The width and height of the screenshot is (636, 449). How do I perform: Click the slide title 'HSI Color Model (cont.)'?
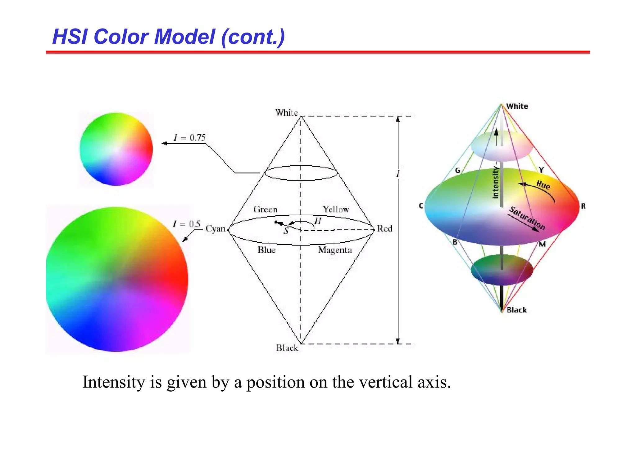[x=168, y=37]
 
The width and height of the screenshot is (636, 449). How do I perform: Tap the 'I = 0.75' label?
[x=189, y=137]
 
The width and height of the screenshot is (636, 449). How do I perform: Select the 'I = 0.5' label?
[x=187, y=224]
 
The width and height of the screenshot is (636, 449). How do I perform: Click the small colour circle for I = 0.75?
[x=116, y=149]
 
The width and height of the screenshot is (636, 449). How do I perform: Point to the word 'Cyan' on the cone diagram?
[x=215, y=229]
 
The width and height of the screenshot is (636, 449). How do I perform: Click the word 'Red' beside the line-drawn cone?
[x=384, y=229]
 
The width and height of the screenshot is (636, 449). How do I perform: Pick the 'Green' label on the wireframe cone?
[x=265, y=209]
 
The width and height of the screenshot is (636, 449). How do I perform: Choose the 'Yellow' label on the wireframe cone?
[x=336, y=209]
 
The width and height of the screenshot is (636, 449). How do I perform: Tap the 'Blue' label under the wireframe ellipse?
[x=266, y=250]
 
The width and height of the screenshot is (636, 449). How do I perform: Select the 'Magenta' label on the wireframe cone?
[x=335, y=250]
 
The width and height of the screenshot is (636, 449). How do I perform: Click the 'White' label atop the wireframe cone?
[x=286, y=113]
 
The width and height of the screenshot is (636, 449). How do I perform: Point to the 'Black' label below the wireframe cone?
[x=287, y=348]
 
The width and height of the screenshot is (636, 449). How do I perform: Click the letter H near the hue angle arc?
[x=318, y=221]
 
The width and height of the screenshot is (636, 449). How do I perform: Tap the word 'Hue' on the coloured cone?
[x=543, y=185]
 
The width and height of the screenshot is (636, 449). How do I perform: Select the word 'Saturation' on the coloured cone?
[x=527, y=218]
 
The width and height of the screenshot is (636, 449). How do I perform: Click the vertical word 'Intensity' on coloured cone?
[x=495, y=182]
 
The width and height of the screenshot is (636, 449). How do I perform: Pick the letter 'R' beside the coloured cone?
[x=583, y=206]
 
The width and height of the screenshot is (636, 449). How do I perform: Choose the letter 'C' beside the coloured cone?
[x=421, y=206]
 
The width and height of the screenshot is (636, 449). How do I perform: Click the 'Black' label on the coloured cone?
[x=516, y=310]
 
